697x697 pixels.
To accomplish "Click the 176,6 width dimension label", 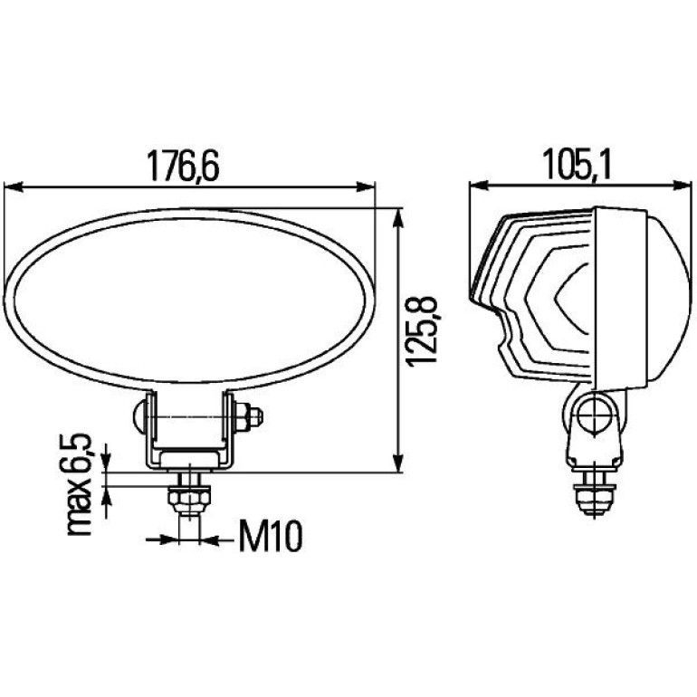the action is (183, 166).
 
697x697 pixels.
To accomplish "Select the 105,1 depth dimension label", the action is (578, 166).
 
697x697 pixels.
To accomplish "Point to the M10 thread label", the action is (271, 537).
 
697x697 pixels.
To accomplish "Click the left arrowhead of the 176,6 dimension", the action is (13, 187).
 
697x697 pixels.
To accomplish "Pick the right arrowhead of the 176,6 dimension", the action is (366, 187).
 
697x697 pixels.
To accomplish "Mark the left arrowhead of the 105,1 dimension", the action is (479, 186).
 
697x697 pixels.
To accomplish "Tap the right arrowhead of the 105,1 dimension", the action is (683, 186).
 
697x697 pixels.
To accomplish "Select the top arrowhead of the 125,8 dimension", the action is (398, 218).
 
